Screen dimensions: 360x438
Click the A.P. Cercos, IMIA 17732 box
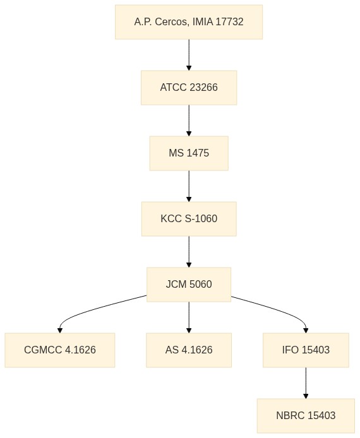click(189, 22)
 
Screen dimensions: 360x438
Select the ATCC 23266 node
click(189, 88)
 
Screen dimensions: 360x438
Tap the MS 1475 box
click(189, 153)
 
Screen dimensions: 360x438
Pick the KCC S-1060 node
click(189, 219)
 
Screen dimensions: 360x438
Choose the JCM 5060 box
click(189, 285)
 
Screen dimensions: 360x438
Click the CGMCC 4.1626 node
click(60, 350)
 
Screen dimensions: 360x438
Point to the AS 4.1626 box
click(189, 350)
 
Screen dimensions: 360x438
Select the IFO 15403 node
click(306, 350)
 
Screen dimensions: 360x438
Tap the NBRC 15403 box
click(306, 416)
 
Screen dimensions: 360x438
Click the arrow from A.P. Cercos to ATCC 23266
click(189, 55)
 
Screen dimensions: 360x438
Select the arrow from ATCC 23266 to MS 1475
click(189, 121)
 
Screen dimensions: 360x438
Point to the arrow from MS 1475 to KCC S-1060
click(189, 186)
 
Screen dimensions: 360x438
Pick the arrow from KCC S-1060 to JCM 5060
click(189, 252)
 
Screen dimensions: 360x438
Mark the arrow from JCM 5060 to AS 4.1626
click(189, 317)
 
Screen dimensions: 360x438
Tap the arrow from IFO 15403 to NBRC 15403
click(306, 383)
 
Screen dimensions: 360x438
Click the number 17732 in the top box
click(229, 22)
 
